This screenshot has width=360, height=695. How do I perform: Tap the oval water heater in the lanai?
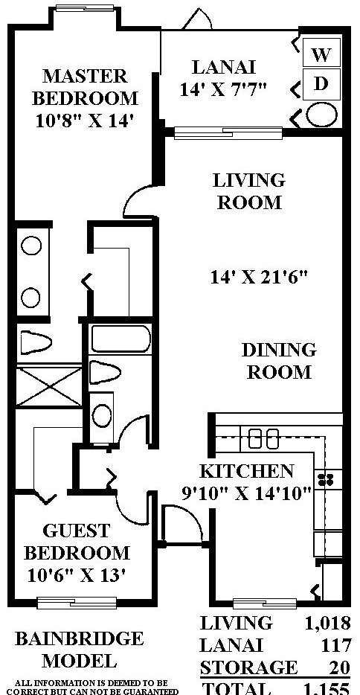click(x=322, y=115)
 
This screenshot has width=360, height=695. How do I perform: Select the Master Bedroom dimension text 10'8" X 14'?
click(x=84, y=121)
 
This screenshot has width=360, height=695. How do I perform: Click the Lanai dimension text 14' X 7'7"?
click(x=223, y=89)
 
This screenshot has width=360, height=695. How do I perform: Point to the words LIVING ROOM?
click(x=249, y=191)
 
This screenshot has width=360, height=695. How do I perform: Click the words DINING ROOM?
click(x=279, y=361)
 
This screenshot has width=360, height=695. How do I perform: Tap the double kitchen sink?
click(x=263, y=438)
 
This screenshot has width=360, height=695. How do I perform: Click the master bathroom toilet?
click(x=36, y=342)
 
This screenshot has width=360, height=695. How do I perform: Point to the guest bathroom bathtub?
click(x=120, y=339)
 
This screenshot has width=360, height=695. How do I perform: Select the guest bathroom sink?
click(x=102, y=415)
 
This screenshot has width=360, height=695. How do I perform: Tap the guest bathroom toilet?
click(x=104, y=372)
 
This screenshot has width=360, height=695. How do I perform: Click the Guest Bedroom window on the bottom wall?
click(x=77, y=603)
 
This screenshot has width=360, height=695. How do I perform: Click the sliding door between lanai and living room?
click(x=228, y=132)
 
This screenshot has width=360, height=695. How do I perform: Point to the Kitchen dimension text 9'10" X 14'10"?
click(x=247, y=493)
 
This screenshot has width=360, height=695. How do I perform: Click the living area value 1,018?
click(x=328, y=624)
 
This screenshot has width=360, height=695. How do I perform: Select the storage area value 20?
click(x=339, y=667)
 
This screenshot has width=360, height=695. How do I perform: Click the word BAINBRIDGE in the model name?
click(x=80, y=638)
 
